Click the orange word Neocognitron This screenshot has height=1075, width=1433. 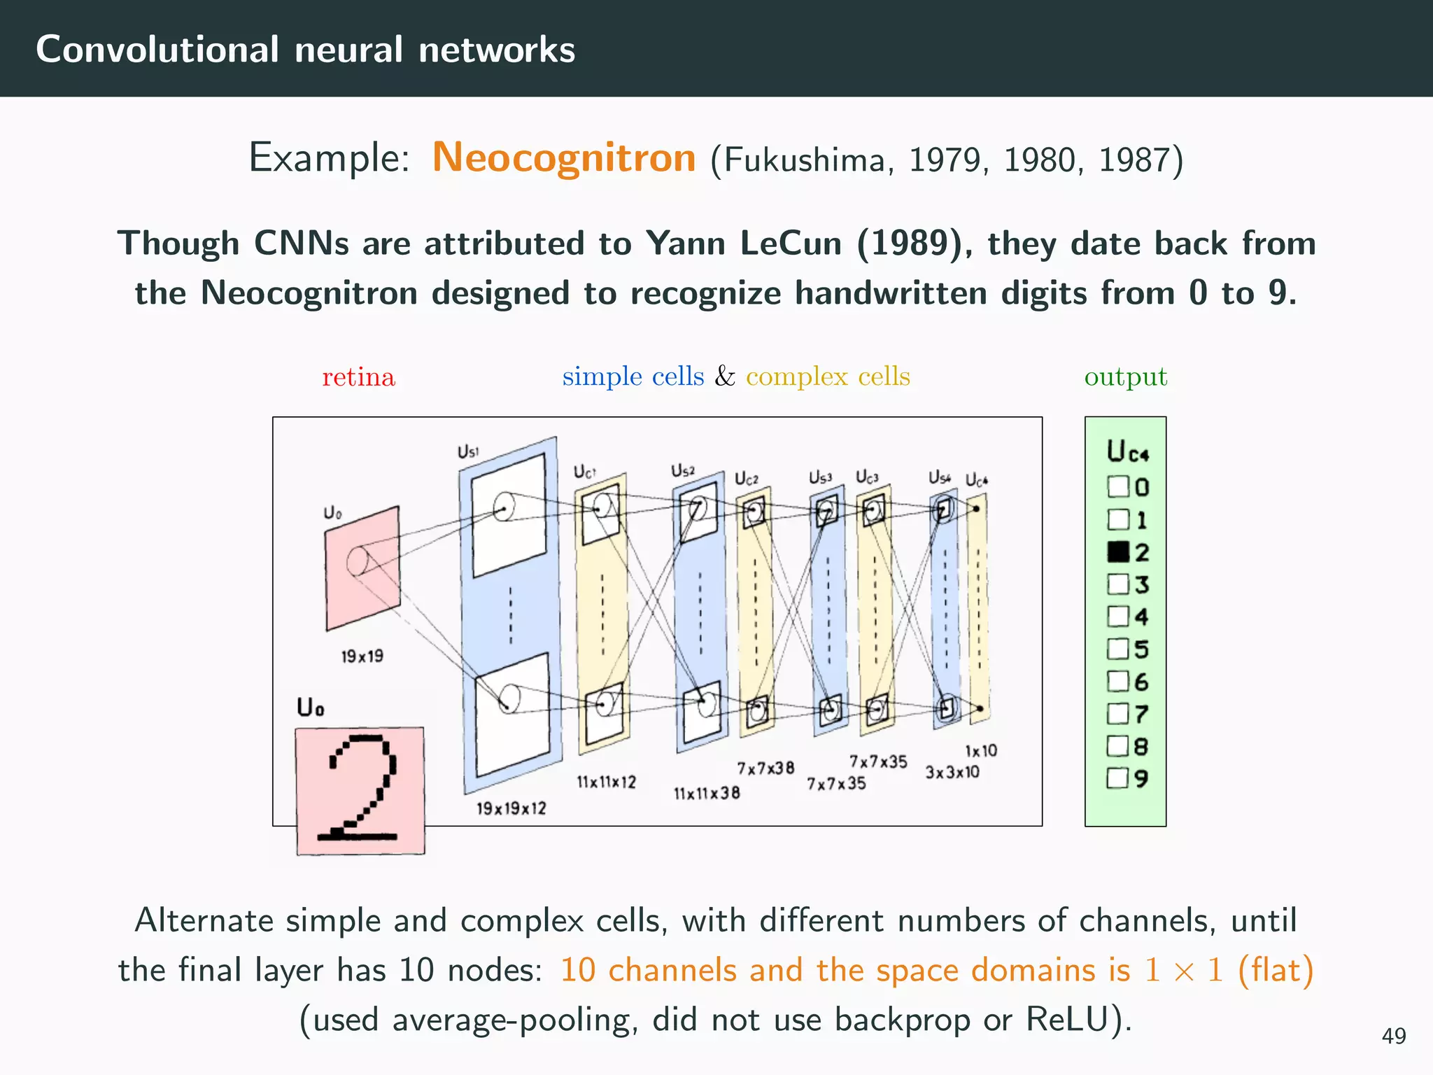coord(564,157)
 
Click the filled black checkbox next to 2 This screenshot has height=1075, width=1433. coord(1118,552)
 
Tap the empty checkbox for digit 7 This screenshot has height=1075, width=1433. coord(1118,714)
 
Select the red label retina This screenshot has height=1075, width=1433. coord(358,377)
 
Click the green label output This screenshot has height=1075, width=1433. coord(1125,377)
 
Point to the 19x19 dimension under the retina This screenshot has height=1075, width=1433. coord(362,656)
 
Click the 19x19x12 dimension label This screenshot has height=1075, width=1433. coord(511,808)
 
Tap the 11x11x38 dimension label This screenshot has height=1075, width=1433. coord(707,794)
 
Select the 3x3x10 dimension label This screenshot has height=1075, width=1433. coord(952,773)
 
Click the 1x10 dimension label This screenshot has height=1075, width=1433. coord(980,751)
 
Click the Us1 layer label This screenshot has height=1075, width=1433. coord(468,452)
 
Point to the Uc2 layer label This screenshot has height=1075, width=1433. coord(746,479)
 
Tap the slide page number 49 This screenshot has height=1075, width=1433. coord(1393,1036)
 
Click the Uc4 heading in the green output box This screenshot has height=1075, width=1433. coord(1127,451)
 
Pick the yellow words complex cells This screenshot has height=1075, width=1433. coord(828,377)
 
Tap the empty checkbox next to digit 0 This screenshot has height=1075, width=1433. coord(1118,486)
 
